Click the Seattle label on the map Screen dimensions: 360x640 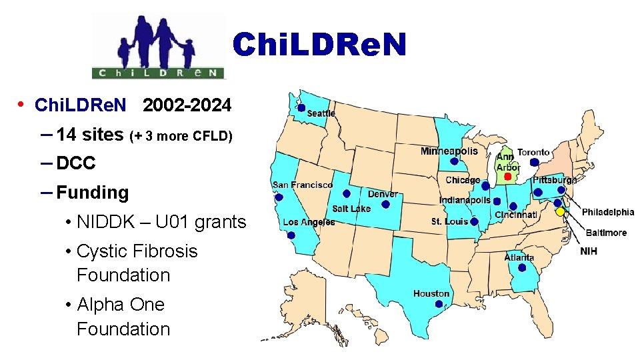(x=321, y=113)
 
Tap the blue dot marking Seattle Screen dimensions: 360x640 (x=301, y=108)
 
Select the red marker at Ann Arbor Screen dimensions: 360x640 (x=507, y=177)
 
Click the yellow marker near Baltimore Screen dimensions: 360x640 (x=560, y=211)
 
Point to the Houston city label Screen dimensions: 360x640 (x=431, y=293)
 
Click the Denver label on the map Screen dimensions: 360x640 (x=383, y=194)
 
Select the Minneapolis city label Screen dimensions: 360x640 (x=449, y=151)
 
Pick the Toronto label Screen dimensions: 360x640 (x=533, y=152)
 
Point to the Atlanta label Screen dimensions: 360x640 (x=519, y=257)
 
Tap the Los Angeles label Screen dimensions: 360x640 (x=309, y=222)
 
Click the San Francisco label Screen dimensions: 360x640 (x=303, y=185)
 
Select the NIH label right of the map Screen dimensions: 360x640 (x=589, y=251)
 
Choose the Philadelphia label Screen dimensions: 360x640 (x=608, y=212)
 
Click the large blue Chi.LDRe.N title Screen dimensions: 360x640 (x=319, y=45)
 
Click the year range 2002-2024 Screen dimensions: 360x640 (x=187, y=105)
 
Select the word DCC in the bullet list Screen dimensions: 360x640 (x=76, y=163)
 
